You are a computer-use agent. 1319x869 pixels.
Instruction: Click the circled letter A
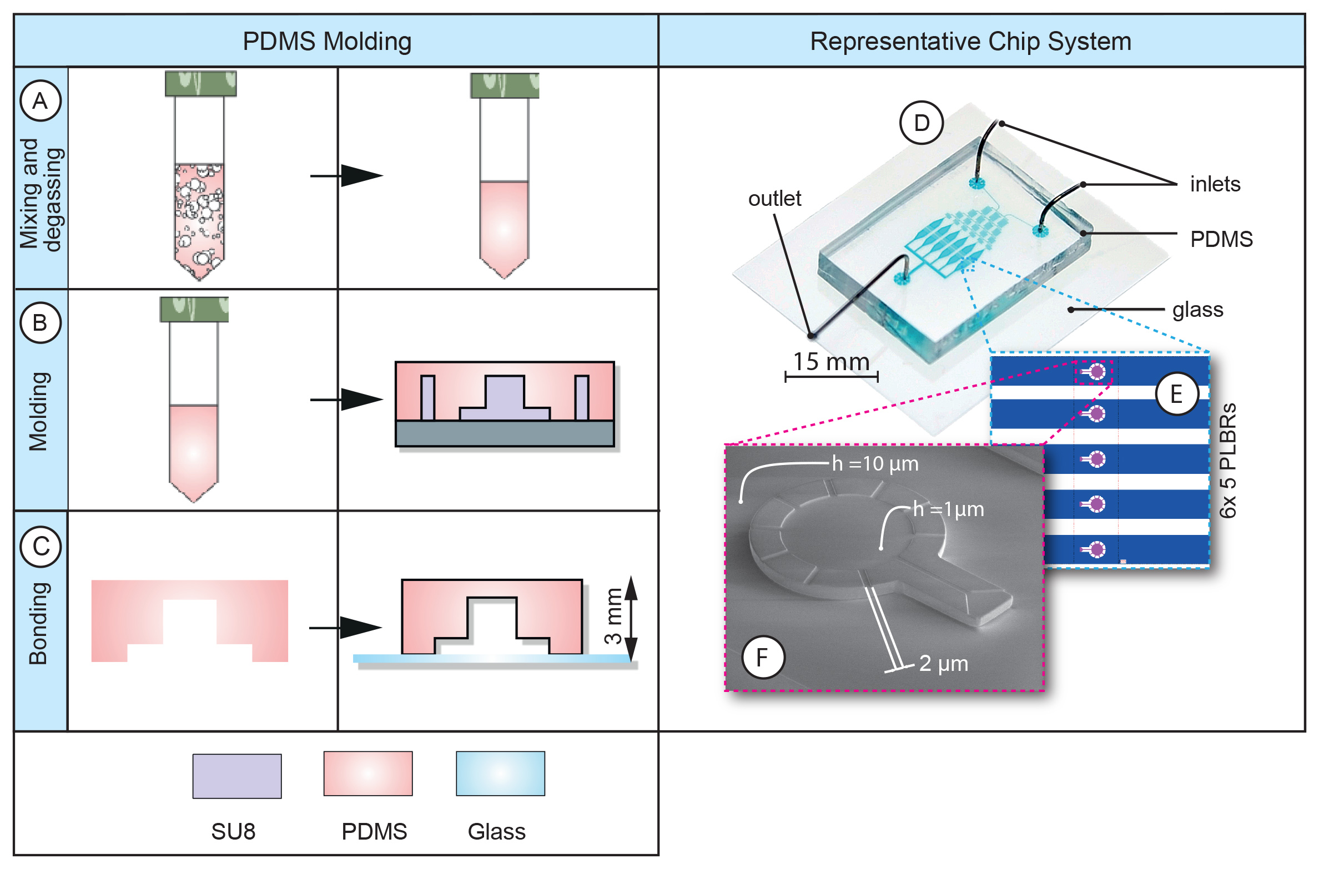pyautogui.click(x=40, y=101)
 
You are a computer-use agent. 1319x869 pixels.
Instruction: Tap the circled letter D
pyautogui.click(x=922, y=123)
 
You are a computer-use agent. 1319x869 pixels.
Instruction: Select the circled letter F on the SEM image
pyautogui.click(x=763, y=658)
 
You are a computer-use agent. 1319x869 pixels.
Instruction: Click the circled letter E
pyautogui.click(x=1176, y=394)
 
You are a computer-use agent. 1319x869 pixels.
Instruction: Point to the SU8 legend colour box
pyautogui.click(x=237, y=776)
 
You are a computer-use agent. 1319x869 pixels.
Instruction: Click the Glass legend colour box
pyautogui.click(x=500, y=774)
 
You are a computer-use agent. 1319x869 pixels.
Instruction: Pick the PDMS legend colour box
pyautogui.click(x=368, y=774)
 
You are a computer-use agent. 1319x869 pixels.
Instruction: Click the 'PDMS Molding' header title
pyautogui.click(x=327, y=42)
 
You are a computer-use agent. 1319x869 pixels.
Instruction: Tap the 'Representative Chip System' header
pyautogui.click(x=970, y=42)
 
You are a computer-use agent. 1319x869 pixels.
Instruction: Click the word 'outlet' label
pyautogui.click(x=774, y=199)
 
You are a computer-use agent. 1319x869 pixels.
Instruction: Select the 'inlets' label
pyautogui.click(x=1215, y=184)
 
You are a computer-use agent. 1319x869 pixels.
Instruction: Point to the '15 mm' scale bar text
pyautogui.click(x=830, y=362)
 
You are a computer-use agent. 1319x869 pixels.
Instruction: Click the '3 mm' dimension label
pyautogui.click(x=613, y=616)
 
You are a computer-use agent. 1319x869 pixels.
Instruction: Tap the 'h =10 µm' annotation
pyautogui.click(x=875, y=464)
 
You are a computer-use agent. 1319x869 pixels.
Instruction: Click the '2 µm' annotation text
pyautogui.click(x=943, y=663)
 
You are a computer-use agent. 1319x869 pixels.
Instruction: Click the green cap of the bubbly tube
pyautogui.click(x=201, y=84)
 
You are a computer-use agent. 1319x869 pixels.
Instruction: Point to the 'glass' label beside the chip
pyautogui.click(x=1197, y=310)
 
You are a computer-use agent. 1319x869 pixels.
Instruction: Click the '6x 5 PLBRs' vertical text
pyautogui.click(x=1228, y=461)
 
